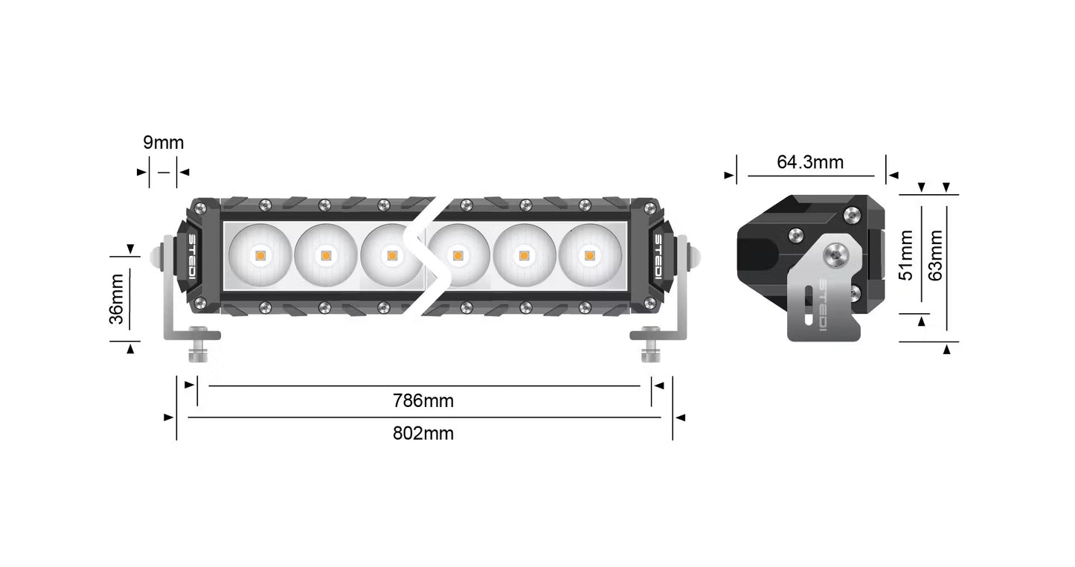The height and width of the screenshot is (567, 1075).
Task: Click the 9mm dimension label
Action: click(164, 142)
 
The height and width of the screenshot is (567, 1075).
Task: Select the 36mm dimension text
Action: click(117, 299)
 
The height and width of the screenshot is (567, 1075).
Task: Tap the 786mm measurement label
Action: click(423, 401)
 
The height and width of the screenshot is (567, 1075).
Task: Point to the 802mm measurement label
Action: click(423, 433)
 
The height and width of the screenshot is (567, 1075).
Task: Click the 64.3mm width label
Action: click(810, 161)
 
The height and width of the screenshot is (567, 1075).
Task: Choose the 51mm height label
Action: click(906, 255)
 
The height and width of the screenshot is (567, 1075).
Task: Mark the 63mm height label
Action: click(937, 255)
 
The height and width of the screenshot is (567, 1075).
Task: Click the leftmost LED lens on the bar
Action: click(260, 254)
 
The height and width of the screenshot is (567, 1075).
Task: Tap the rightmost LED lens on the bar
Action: click(589, 254)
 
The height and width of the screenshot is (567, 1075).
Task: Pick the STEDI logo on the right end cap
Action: click(658, 254)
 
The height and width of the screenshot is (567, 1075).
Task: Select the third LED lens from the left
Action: click(391, 254)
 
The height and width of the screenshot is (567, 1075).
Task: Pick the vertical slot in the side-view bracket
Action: click(808, 309)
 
